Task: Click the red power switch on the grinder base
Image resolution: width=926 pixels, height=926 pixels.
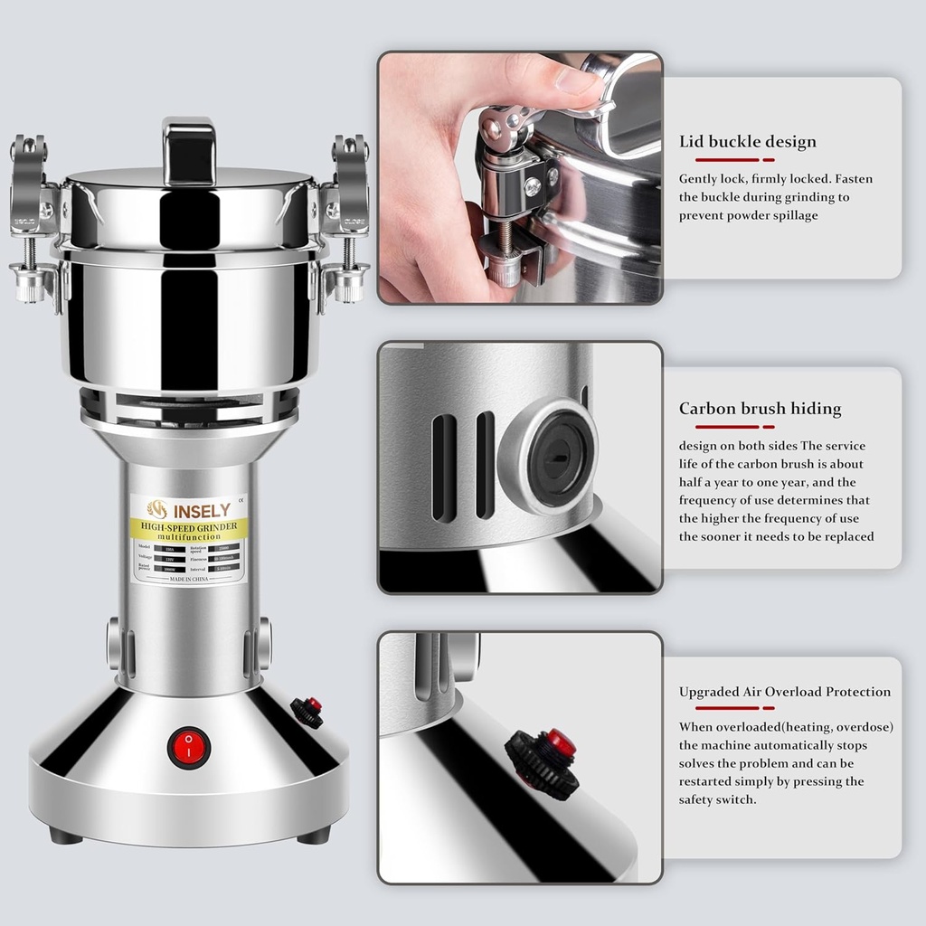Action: click(x=188, y=747)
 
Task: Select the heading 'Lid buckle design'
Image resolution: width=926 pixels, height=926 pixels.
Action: click(x=747, y=142)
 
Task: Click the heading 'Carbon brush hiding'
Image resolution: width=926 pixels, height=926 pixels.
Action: click(x=760, y=409)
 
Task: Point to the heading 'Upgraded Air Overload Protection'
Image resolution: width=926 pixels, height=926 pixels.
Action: click(x=784, y=692)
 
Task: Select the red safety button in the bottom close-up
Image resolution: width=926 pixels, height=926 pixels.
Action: click(x=561, y=744)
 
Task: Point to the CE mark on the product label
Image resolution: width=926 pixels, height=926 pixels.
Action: click(x=240, y=499)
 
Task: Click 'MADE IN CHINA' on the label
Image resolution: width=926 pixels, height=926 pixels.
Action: click(x=189, y=578)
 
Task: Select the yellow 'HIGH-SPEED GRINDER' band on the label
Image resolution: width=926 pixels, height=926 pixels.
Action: click(x=188, y=528)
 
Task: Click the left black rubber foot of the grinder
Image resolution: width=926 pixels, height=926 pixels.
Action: click(x=66, y=836)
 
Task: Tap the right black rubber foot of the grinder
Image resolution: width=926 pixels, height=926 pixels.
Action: click(x=313, y=836)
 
